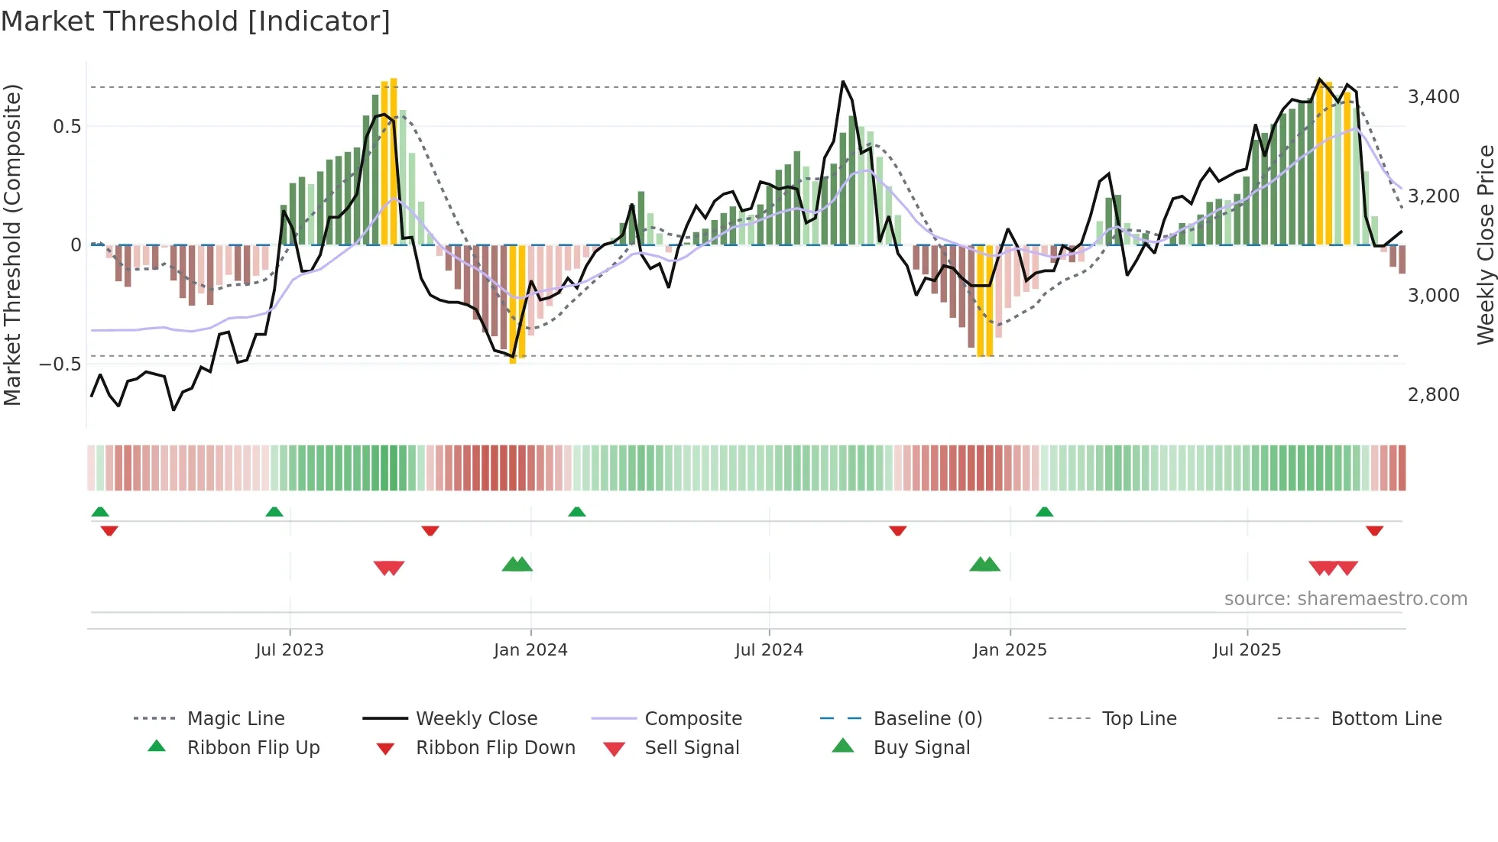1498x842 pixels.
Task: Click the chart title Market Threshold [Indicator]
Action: pos(196,21)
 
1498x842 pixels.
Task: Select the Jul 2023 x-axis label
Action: pos(290,650)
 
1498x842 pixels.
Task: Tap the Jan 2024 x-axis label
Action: pos(530,650)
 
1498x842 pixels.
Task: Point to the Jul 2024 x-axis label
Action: pos(769,650)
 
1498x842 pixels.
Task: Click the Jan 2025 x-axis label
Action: pos(1010,650)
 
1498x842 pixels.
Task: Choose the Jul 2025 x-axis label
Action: pos(1247,650)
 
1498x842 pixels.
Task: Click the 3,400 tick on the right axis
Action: pos(1433,97)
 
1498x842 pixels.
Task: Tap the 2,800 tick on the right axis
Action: pos(1433,395)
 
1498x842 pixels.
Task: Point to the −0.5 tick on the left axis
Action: pos(60,364)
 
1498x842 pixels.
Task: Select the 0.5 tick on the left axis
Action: pos(66,127)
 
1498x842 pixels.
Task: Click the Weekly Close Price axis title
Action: pos(1485,245)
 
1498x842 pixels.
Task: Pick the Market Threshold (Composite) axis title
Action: pos(12,245)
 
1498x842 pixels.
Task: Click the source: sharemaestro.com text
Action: pos(1345,599)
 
